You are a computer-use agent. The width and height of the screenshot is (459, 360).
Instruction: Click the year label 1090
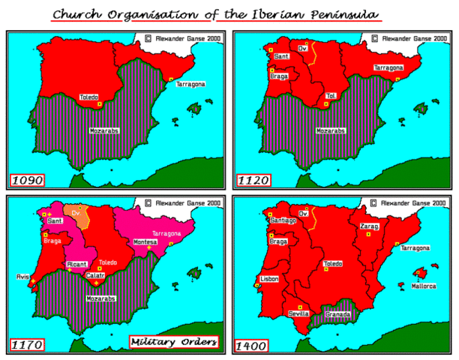click(x=27, y=180)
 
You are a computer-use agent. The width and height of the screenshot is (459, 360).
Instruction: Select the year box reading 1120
click(x=252, y=180)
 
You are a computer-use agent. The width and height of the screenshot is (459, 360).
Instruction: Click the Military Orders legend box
click(x=174, y=342)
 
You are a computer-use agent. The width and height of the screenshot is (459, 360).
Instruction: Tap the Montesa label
click(x=145, y=242)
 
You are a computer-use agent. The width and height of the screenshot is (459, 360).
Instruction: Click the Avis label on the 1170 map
click(x=20, y=276)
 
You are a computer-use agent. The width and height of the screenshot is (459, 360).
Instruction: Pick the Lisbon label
click(x=269, y=277)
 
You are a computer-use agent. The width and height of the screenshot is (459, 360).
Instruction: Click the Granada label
click(x=337, y=314)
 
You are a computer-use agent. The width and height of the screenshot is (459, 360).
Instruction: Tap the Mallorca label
click(x=424, y=286)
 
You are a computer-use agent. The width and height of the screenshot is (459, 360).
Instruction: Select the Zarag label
click(x=369, y=226)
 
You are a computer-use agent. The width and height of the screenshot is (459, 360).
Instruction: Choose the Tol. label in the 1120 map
click(x=331, y=96)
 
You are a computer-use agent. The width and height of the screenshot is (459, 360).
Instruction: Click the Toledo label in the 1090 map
click(x=89, y=97)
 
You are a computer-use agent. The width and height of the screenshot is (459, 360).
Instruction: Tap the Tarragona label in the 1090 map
click(x=190, y=84)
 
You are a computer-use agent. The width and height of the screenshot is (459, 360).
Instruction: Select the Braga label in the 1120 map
click(x=280, y=76)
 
